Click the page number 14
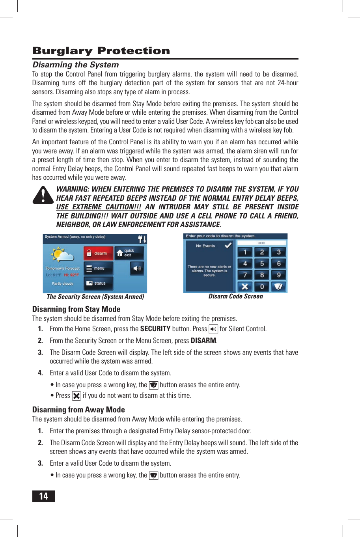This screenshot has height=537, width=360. click(x=43, y=496)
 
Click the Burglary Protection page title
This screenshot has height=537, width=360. click(x=101, y=51)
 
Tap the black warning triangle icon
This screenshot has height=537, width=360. click(x=43, y=195)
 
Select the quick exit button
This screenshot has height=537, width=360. click(x=129, y=253)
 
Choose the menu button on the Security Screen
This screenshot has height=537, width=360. click(x=98, y=268)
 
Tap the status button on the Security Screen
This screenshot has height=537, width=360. click(x=98, y=283)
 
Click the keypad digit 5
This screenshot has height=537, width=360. click(x=262, y=263)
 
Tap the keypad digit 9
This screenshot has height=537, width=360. click(x=279, y=275)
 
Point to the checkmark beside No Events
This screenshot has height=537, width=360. click(x=228, y=246)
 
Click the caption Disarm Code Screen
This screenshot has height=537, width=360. click(x=235, y=296)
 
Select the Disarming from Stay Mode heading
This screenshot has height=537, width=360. click(x=76, y=309)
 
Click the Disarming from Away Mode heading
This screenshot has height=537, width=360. click(x=78, y=410)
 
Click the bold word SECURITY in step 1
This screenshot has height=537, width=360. click(x=155, y=329)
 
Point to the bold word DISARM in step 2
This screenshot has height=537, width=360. click(x=203, y=341)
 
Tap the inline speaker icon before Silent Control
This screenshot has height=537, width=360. click(x=213, y=329)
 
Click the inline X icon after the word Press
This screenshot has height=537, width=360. click(x=76, y=396)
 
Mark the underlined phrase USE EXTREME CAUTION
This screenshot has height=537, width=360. click(x=99, y=207)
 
